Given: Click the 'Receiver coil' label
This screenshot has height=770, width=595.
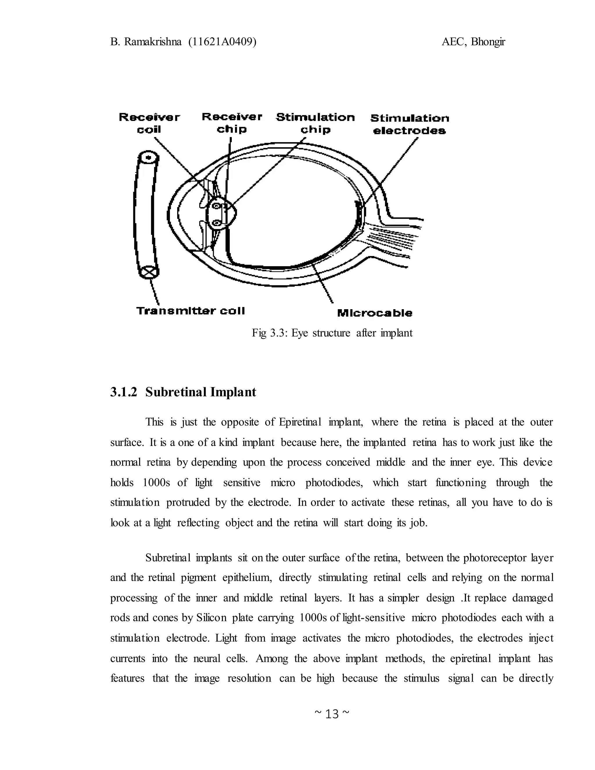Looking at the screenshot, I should pyautogui.click(x=149, y=123).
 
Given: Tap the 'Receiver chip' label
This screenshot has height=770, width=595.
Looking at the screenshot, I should pyautogui.click(x=232, y=123).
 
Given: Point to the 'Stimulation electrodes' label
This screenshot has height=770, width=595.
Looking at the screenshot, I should pyautogui.click(x=410, y=124).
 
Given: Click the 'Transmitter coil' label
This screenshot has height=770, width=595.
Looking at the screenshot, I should pyautogui.click(x=190, y=311).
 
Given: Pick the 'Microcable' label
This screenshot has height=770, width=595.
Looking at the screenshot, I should pyautogui.click(x=374, y=313).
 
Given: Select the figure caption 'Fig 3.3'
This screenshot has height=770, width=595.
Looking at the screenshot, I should pyautogui.click(x=269, y=333).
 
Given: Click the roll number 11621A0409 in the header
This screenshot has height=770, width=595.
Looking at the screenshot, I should pyautogui.click(x=222, y=42).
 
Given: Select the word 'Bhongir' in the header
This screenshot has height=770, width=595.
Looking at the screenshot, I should pyautogui.click(x=488, y=42).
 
